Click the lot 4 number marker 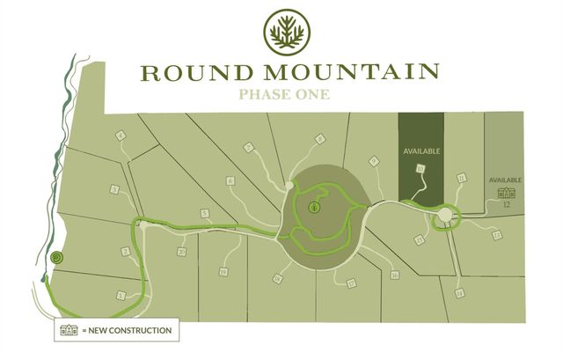click(120, 135)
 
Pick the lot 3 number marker click(115, 189)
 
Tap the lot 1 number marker click(121, 296)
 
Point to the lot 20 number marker click(180, 252)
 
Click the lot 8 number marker click(320, 138)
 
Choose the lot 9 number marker click(374, 161)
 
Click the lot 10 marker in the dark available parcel click(421, 167)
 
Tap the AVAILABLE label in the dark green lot click(420, 151)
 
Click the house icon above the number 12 click(506, 193)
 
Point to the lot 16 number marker click(395, 276)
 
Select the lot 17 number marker click(351, 283)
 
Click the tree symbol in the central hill click(314, 208)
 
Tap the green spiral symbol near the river click(56, 258)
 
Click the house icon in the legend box click(67, 331)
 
